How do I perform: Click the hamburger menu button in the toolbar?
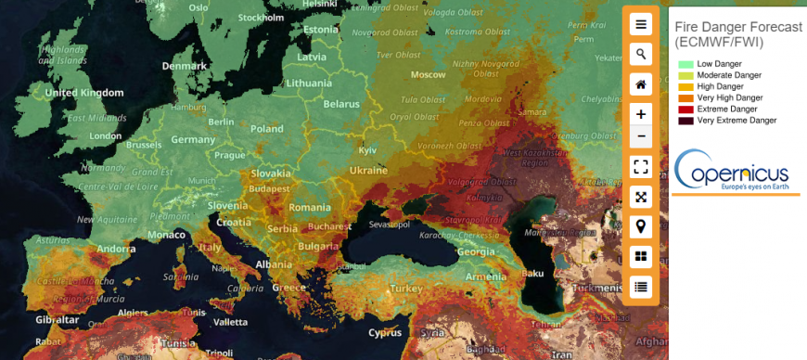pos(640,24)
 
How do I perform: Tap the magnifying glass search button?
pos(640,54)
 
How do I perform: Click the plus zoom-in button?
pos(640,114)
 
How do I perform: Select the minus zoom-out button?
pos(640,137)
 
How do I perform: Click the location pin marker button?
pos(640,225)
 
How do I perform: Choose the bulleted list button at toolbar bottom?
pos(640,286)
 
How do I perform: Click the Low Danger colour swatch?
pos(685,64)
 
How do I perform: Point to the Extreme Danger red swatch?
pos(685,109)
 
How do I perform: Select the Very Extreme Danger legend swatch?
pos(685,121)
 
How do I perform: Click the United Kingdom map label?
pos(84,93)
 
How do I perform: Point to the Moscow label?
pos(429,74)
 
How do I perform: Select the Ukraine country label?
pos(368,170)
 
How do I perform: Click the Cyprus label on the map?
pos(385,332)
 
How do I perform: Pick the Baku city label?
pos(532,273)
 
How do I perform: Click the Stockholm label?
pos(261,18)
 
